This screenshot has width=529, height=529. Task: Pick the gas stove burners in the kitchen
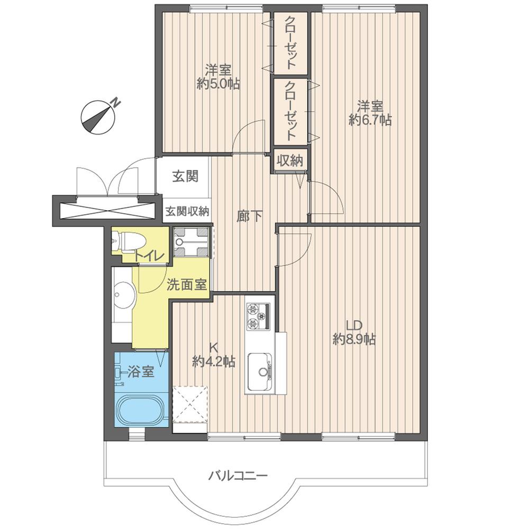[x=258, y=316]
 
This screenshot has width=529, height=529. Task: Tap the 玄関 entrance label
[x=185, y=176]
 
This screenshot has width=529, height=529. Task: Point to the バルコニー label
[x=237, y=475]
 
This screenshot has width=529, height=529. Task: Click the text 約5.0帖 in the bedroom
[x=218, y=84]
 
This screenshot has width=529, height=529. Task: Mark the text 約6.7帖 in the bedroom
[x=370, y=120]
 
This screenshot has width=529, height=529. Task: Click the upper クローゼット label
[x=290, y=43]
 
